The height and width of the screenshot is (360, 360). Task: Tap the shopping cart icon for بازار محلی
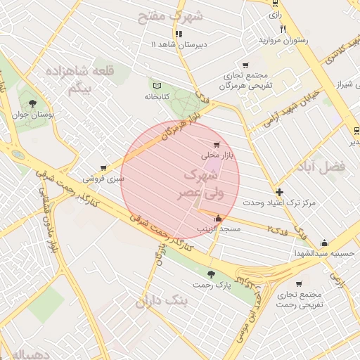pos(226,144)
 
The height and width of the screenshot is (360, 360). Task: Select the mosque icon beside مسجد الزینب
pos(219,217)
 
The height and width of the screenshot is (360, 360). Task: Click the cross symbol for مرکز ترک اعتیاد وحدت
pos(280,192)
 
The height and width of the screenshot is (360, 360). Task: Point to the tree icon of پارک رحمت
pos(212,274)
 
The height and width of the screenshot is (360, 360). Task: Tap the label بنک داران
pos(162,302)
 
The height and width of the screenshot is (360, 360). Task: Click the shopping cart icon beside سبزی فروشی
pos(103,168)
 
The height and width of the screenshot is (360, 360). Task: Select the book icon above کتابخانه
pos(155,84)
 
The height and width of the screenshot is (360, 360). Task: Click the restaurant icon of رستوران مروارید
pos(283,30)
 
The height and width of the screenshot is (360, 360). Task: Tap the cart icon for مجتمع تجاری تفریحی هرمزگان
pos(245,65)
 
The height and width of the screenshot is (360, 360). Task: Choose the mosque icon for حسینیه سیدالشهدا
pos(324,243)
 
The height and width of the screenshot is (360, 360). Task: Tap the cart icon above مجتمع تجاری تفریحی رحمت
pos(299,284)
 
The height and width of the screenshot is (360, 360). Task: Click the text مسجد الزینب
pos(219,229)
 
